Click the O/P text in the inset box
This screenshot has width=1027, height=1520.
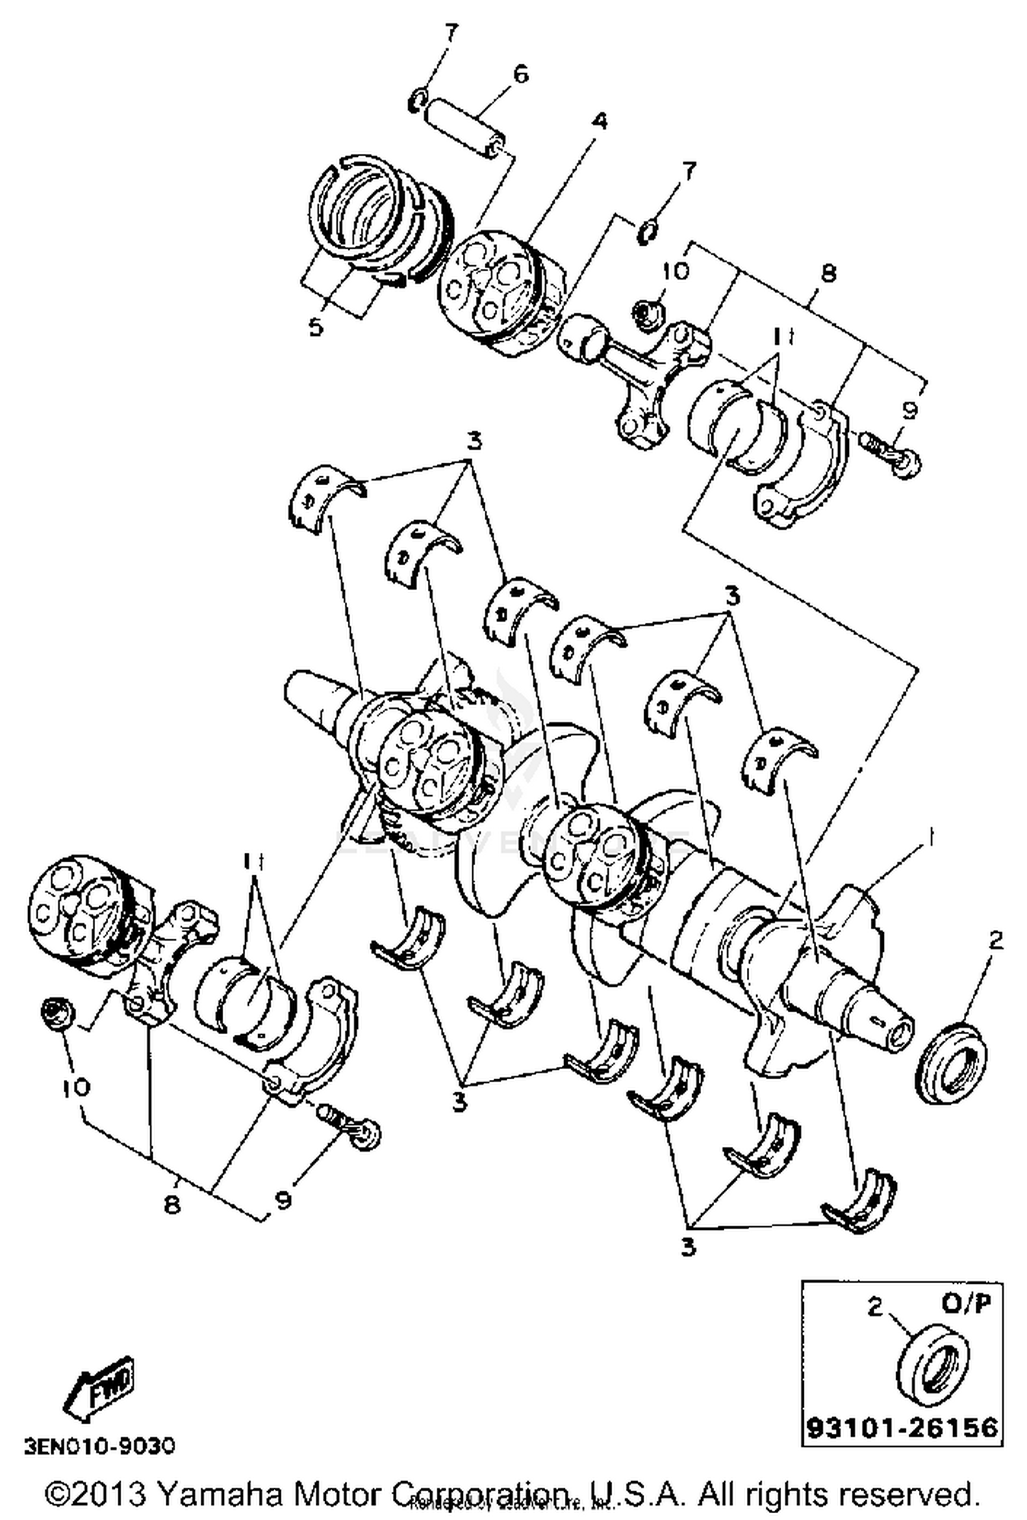969,1305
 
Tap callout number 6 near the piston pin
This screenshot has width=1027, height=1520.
521,73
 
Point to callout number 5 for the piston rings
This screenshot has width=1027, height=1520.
316,327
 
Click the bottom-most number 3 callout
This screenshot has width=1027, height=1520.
688,1247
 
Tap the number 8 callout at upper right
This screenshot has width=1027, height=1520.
828,274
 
